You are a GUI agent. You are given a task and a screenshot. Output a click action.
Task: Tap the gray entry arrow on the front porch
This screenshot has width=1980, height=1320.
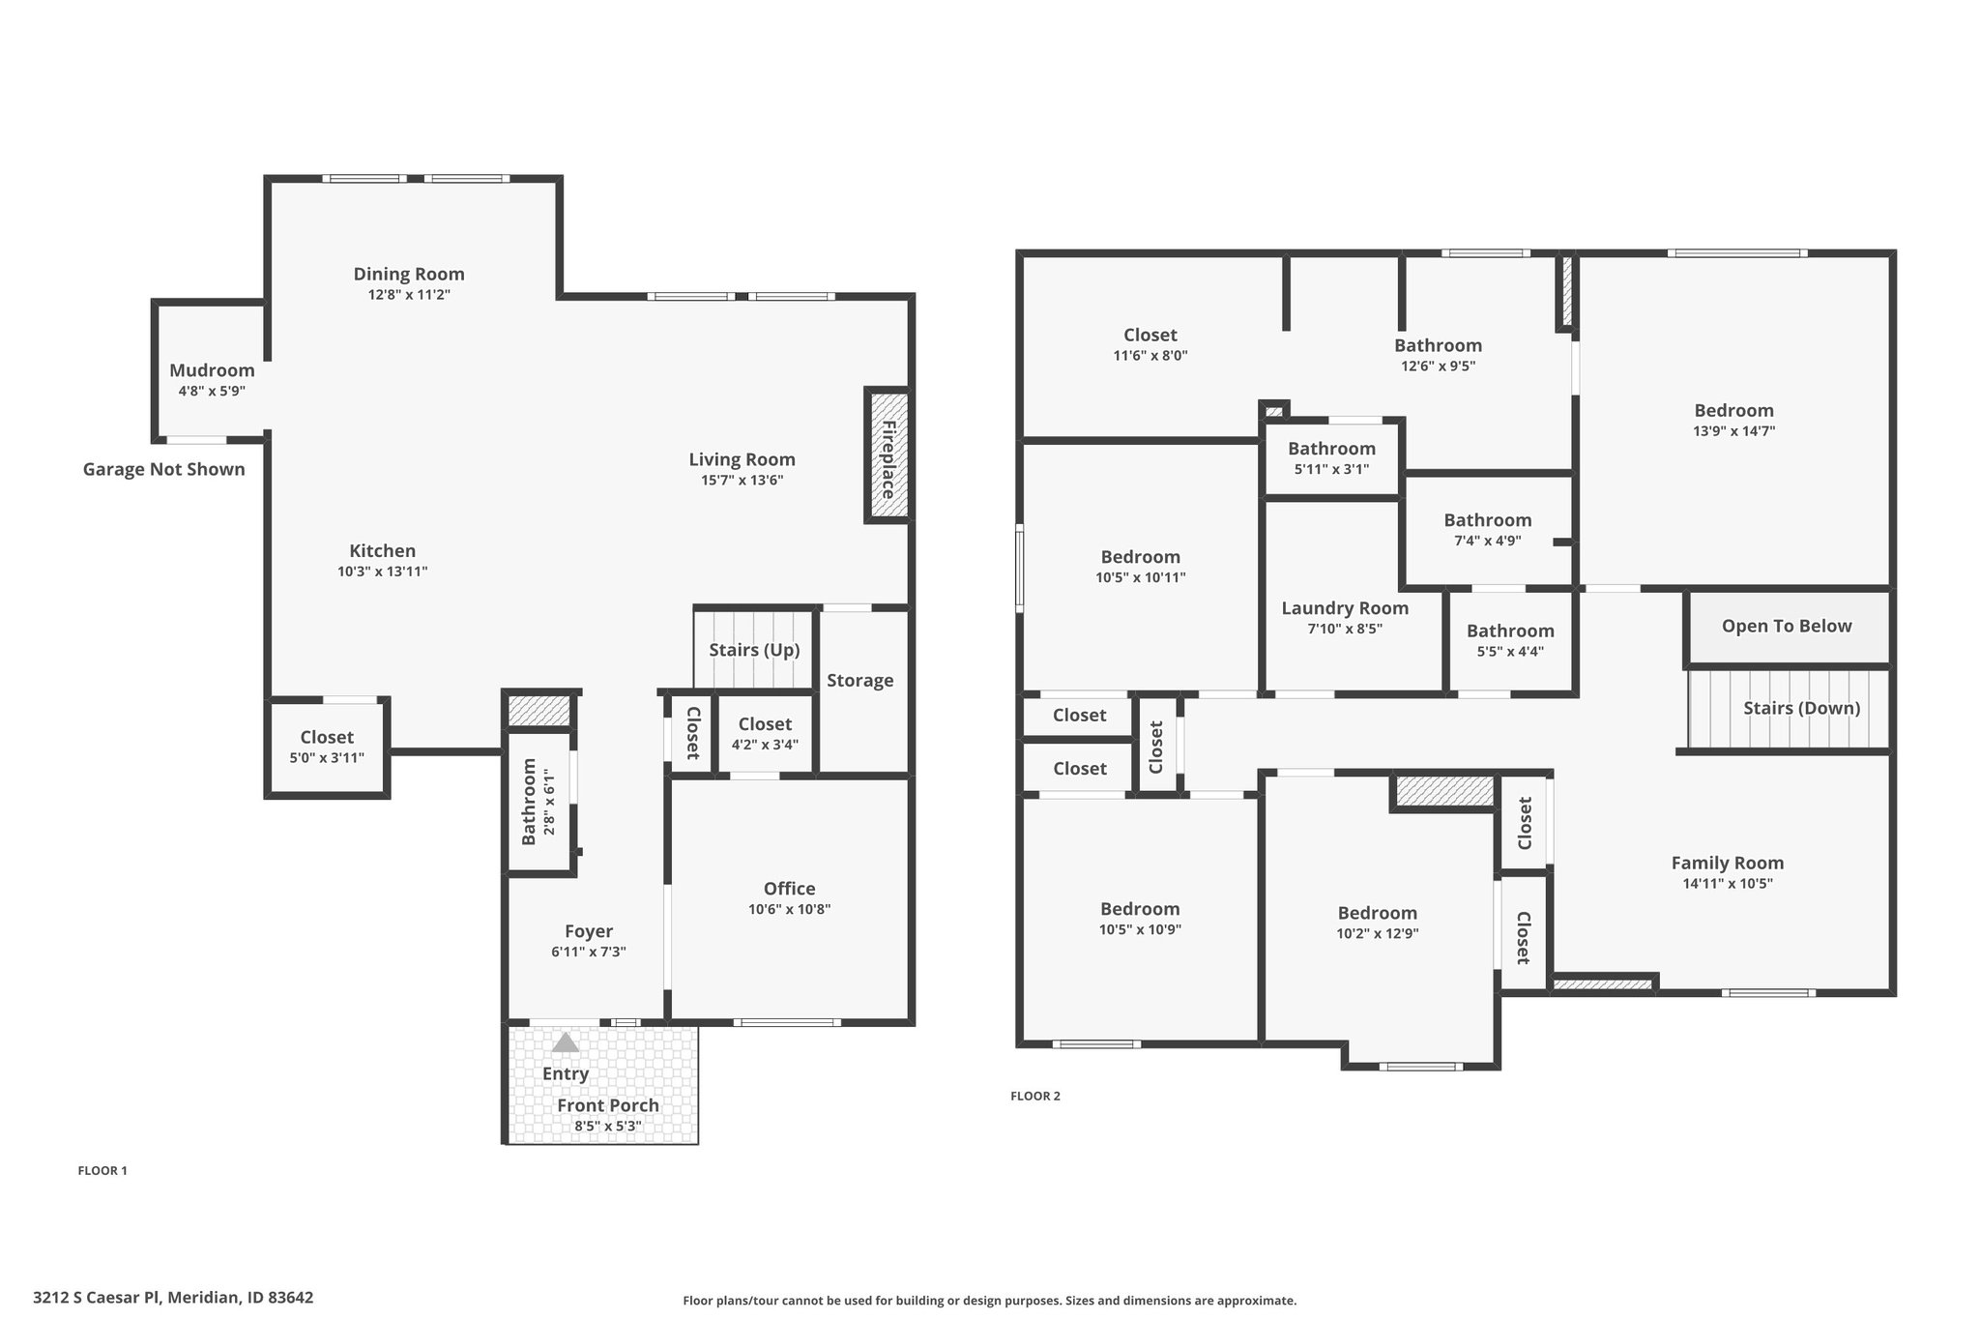pos(566,1042)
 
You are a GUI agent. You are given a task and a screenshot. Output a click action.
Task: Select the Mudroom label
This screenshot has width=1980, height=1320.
pos(212,370)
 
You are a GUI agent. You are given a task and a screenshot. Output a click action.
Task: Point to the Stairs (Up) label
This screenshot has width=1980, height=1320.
pos(754,650)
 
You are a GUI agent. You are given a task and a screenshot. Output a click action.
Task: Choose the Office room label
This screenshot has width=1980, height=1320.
pos(789,889)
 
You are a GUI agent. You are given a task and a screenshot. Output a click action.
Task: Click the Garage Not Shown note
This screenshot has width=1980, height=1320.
pos(163,470)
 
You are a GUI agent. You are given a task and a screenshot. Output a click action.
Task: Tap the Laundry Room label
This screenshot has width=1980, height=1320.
pos(1345,608)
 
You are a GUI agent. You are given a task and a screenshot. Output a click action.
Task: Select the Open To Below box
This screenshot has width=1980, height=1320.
pos(1787,627)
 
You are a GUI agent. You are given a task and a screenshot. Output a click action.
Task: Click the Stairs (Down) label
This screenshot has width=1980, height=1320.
pos(1801,708)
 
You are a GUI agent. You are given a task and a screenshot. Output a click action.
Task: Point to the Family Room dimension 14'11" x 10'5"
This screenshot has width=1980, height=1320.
pos(1728,884)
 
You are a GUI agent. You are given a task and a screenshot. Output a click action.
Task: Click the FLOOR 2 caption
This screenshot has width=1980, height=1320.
pos(1034,1096)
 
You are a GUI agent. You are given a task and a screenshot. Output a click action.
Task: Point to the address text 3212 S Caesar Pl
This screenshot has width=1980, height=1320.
pos(99,1298)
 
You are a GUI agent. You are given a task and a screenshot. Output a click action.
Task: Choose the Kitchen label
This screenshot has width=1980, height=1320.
pos(383,551)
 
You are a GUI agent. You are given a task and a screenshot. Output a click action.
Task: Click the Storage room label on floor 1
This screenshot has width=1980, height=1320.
pos(860,681)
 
